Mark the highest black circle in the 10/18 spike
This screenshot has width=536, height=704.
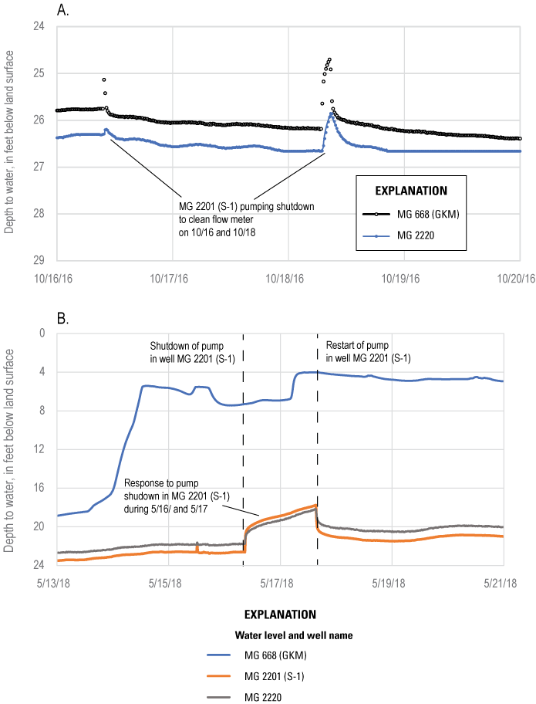pos(329,59)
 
